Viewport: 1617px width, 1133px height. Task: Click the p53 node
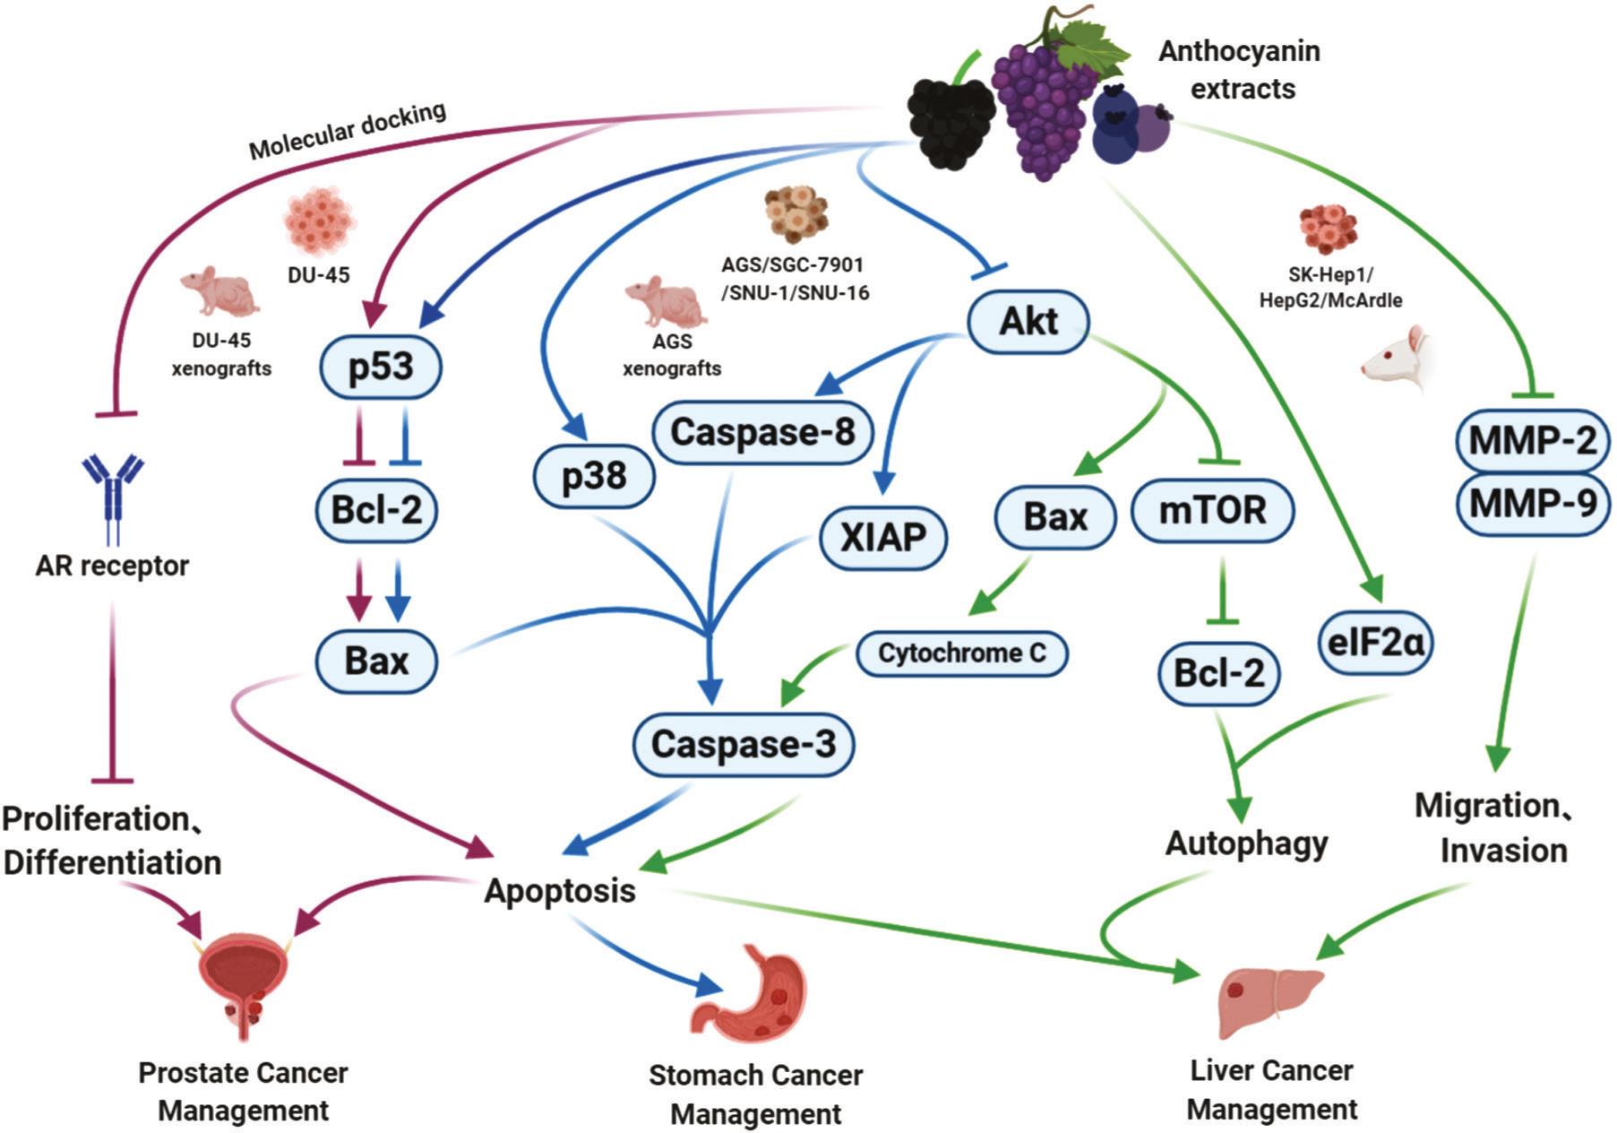point(381,367)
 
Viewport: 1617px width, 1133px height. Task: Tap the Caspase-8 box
point(762,433)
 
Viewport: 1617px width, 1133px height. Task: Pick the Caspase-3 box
point(744,744)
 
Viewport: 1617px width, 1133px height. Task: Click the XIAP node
point(883,537)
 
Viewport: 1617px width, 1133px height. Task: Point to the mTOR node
point(1213,511)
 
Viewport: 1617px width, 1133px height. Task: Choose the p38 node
point(594,475)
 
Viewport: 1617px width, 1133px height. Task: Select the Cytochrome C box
point(962,653)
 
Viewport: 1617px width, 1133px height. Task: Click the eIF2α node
point(1376,642)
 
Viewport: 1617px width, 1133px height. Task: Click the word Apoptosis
point(560,891)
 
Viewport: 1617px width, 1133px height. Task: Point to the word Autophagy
point(1246,843)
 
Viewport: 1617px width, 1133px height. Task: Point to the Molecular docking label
point(347,131)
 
